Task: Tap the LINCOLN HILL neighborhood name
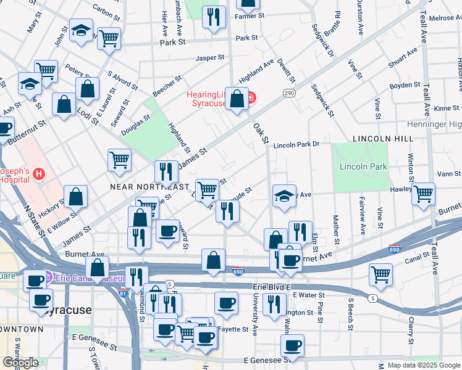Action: pos(377,140)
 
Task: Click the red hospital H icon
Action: pos(39,174)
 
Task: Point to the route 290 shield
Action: pos(288,92)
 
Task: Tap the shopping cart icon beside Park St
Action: pos(109,38)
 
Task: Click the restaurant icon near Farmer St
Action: pos(214,17)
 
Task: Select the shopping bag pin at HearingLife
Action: pos(237,99)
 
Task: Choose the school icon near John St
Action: pos(80,31)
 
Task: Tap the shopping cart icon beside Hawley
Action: pos(423,194)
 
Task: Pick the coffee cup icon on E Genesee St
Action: pos(292,345)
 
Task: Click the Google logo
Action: pos(20,363)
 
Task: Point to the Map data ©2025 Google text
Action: pos(424,365)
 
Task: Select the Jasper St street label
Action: pos(209,58)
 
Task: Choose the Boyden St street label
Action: pos(405,85)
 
